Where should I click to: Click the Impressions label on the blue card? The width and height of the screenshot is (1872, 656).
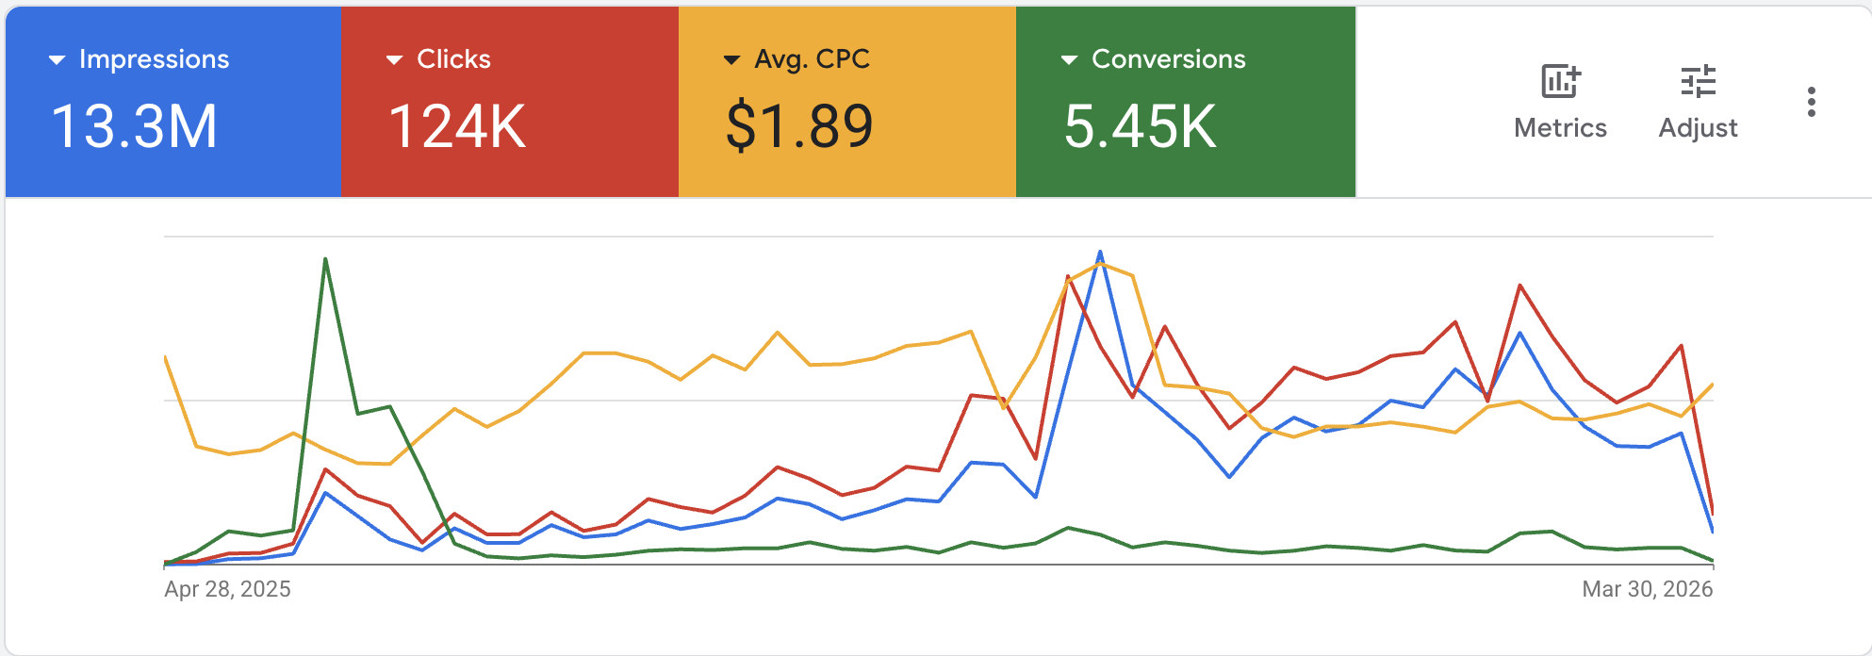click(154, 59)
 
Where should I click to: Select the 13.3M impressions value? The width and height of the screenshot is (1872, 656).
click(134, 126)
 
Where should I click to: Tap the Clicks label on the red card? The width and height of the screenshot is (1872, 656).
click(453, 59)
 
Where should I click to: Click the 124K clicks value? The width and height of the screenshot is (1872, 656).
click(457, 126)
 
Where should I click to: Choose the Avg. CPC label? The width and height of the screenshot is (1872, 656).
click(812, 59)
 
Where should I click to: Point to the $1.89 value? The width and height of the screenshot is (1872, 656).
click(799, 126)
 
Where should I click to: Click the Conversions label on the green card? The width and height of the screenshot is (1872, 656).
click(1168, 59)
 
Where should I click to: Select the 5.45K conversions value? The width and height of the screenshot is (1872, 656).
click(1141, 126)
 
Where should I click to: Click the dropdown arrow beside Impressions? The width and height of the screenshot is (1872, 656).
click(57, 60)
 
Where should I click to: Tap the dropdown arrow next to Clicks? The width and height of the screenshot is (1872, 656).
click(395, 60)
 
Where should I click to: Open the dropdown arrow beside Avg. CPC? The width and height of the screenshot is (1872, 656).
click(731, 60)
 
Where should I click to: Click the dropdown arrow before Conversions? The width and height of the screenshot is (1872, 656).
click(1069, 60)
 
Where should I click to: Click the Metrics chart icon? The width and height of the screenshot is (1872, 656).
click(1560, 82)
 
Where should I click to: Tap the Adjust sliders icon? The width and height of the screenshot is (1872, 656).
click(1698, 82)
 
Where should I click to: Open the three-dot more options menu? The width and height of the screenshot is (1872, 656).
click(1811, 102)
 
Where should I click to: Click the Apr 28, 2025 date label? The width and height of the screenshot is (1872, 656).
click(227, 589)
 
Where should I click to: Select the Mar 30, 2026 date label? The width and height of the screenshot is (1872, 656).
click(1647, 589)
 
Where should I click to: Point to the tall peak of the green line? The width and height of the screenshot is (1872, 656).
click(325, 259)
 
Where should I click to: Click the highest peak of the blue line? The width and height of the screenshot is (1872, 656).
click(1100, 253)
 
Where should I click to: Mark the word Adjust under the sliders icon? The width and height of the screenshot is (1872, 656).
click(1698, 128)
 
